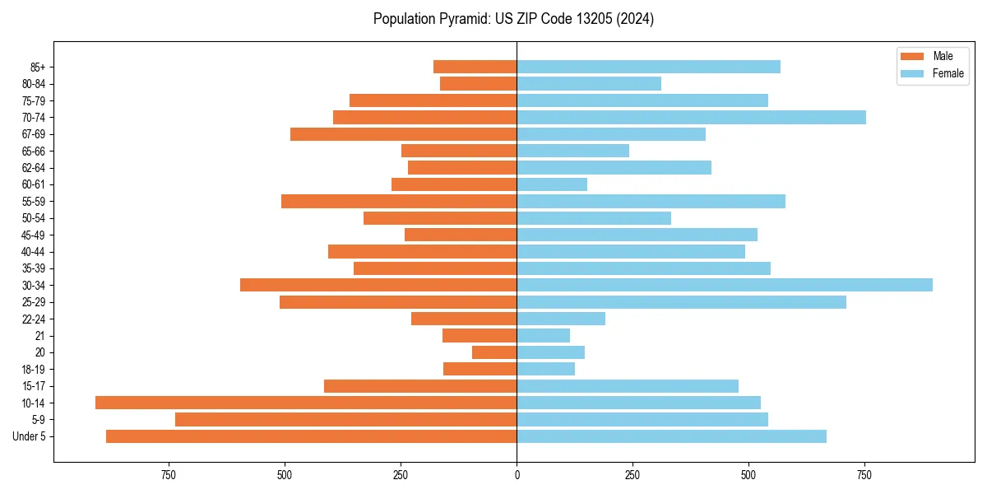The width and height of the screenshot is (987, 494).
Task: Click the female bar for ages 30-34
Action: (724, 285)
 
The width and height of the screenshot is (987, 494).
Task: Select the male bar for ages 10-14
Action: (306, 403)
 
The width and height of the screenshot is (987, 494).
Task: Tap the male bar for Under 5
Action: (311, 436)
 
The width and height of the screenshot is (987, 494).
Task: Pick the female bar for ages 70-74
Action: (691, 117)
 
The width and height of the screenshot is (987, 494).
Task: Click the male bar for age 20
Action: (494, 352)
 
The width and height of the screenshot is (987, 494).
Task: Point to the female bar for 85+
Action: (648, 67)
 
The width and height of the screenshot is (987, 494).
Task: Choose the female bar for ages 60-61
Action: (552, 184)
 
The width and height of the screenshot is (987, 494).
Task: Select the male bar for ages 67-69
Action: (403, 134)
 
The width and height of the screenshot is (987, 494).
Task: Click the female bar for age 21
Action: (543, 335)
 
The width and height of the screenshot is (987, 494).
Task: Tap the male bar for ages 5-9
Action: (345, 419)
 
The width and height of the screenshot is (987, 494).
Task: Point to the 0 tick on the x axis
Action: (517, 475)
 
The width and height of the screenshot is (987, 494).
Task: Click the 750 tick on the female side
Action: (864, 475)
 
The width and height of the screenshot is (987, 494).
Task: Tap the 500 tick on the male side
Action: (285, 475)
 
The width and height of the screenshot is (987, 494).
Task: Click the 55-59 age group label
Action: (34, 201)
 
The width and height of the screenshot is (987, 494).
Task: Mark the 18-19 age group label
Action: (34, 369)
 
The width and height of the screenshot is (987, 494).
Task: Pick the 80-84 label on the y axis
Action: (34, 84)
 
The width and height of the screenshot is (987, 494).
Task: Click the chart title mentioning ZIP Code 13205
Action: (513, 19)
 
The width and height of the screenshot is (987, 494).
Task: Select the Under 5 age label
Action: (30, 436)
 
